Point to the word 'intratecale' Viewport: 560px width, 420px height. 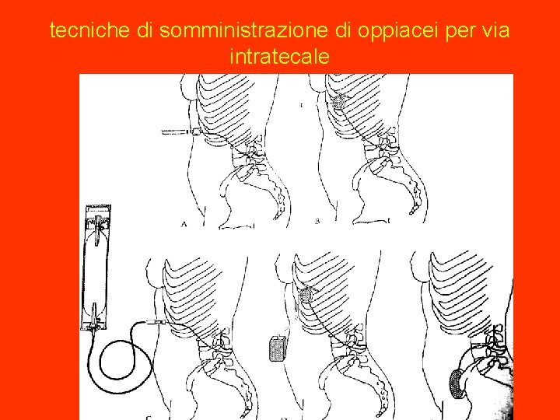(280, 57)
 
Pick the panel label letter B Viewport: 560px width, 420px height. (317, 222)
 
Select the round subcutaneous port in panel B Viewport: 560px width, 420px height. (339, 102)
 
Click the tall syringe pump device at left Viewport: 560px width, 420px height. (96, 264)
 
